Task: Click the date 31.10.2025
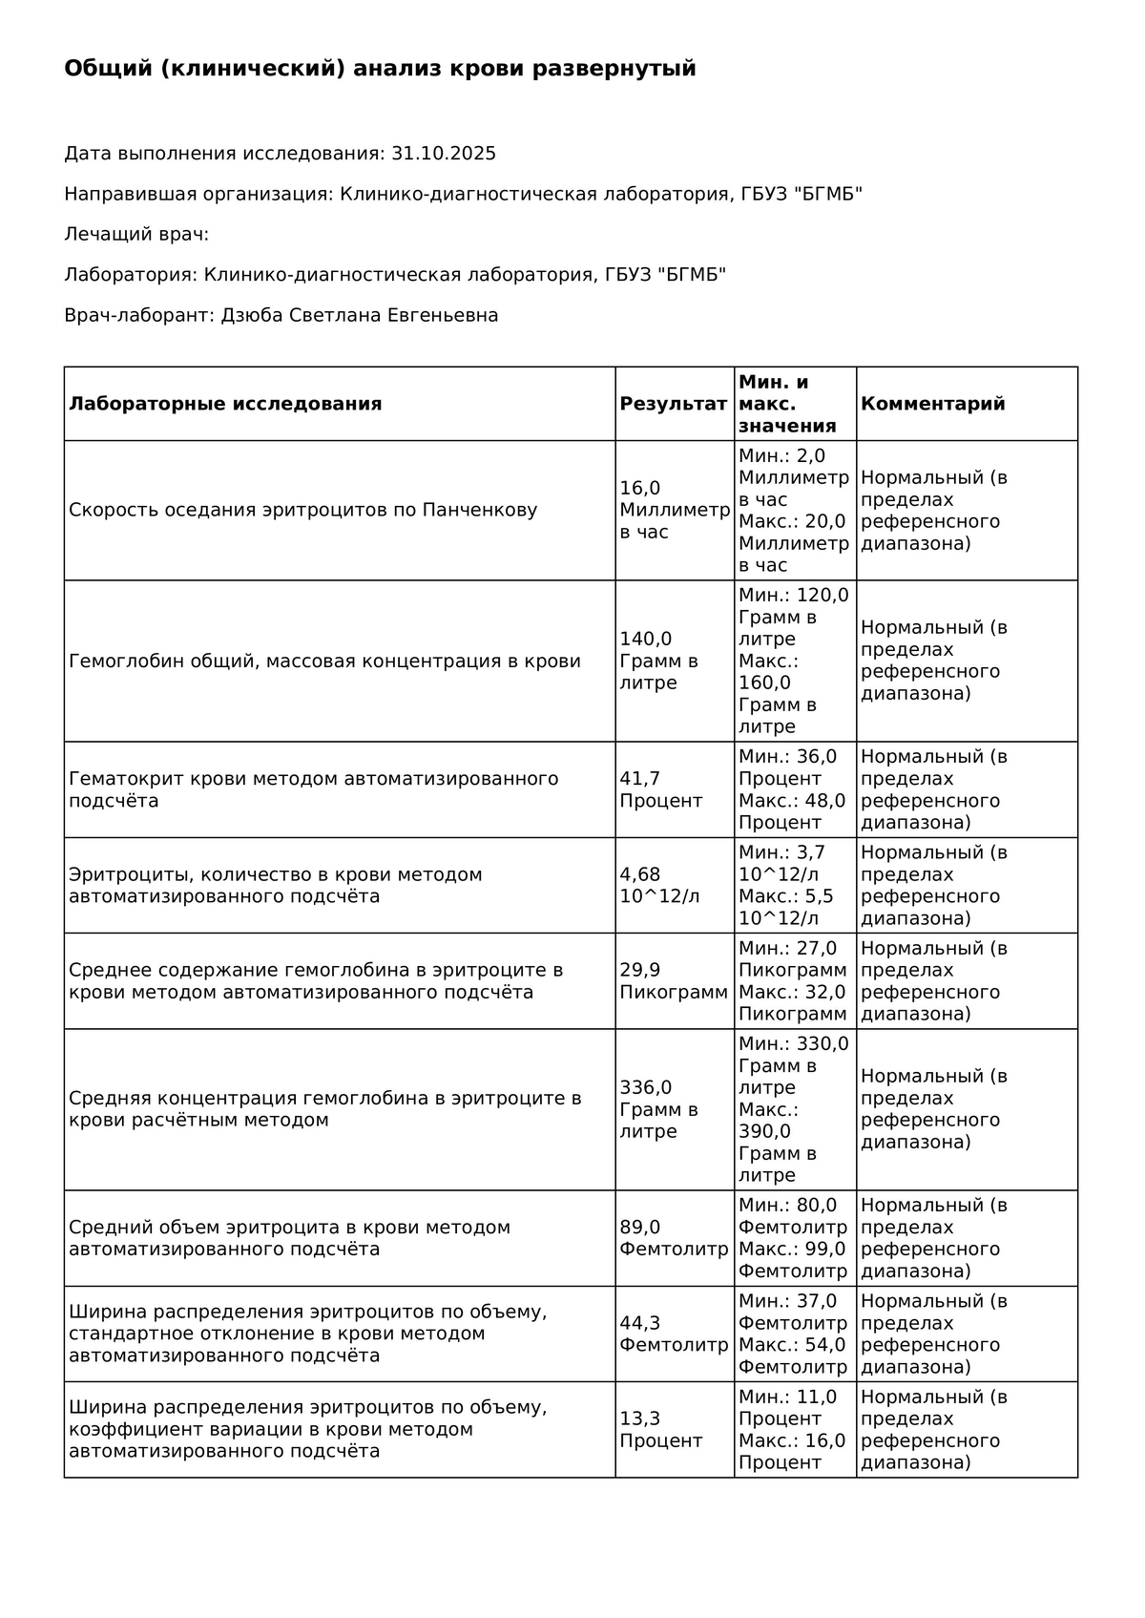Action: (x=444, y=154)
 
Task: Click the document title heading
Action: (x=380, y=69)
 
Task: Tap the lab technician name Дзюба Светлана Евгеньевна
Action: (x=360, y=315)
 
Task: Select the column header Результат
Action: (x=673, y=404)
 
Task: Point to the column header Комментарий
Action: (x=932, y=404)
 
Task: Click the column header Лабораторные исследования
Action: (x=225, y=404)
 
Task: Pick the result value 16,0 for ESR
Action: (x=640, y=489)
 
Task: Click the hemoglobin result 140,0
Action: (x=646, y=640)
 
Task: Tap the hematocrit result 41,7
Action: (x=640, y=779)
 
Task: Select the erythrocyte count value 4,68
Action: (x=640, y=874)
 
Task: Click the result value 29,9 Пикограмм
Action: (x=673, y=981)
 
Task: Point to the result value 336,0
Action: (x=646, y=1088)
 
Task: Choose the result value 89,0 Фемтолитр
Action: (x=673, y=1238)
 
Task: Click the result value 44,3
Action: (x=640, y=1323)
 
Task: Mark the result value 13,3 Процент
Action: (x=660, y=1430)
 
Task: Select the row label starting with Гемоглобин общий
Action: (x=324, y=661)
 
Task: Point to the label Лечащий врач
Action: (x=136, y=234)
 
